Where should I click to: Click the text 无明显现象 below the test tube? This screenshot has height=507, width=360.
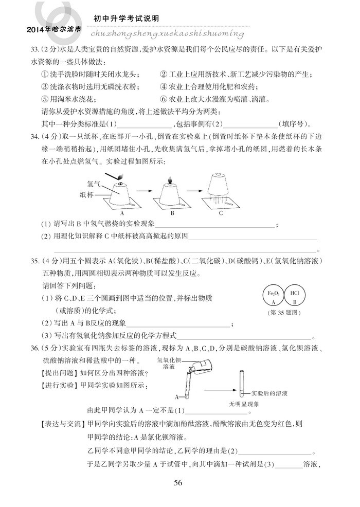(245, 404)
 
